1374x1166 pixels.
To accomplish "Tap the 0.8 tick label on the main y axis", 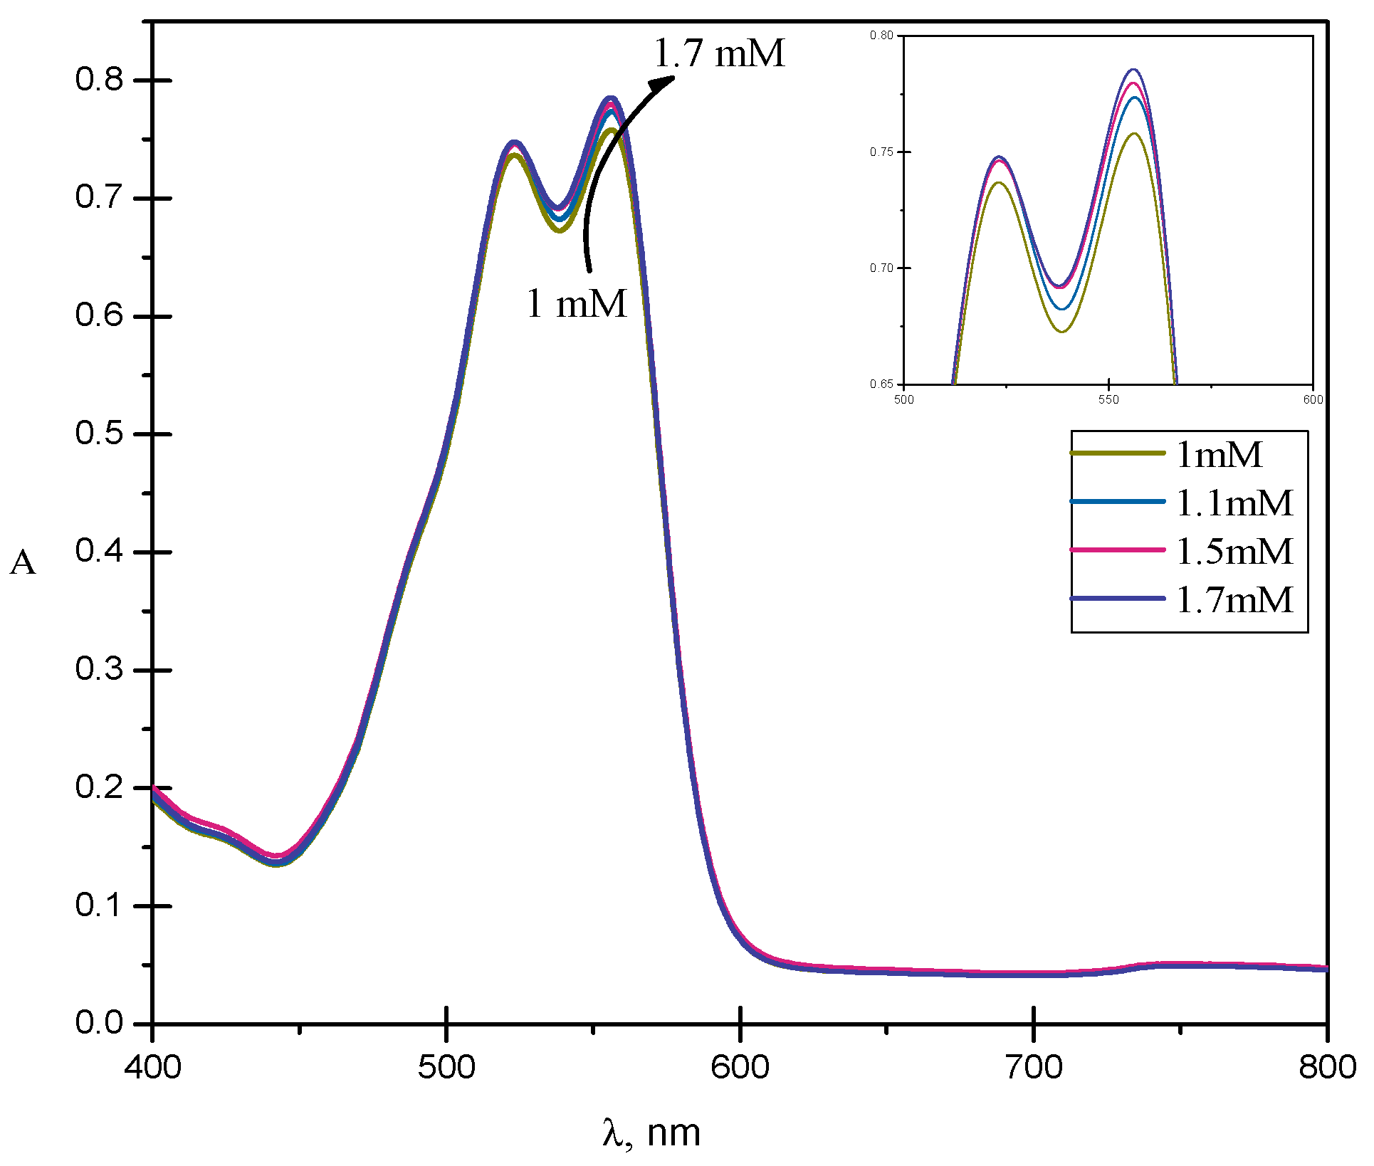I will [99, 80].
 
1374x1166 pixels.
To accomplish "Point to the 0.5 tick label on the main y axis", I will [99, 434].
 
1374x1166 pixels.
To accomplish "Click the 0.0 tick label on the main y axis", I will [99, 1023].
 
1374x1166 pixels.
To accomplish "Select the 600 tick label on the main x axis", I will [740, 1067].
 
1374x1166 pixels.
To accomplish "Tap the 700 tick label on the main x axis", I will [1034, 1067].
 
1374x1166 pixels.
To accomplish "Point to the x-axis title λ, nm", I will [651, 1132].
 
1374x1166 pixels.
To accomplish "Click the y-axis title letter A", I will [23, 563].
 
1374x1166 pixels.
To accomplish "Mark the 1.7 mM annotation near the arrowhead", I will [719, 53].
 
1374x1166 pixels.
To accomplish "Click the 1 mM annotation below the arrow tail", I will [577, 303].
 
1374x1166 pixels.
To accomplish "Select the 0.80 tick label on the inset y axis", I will [881, 35].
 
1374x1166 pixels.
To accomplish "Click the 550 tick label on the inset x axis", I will [1108, 399].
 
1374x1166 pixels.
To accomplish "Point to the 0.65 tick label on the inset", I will [881, 384].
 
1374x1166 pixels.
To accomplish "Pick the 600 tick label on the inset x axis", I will [1313, 399].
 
